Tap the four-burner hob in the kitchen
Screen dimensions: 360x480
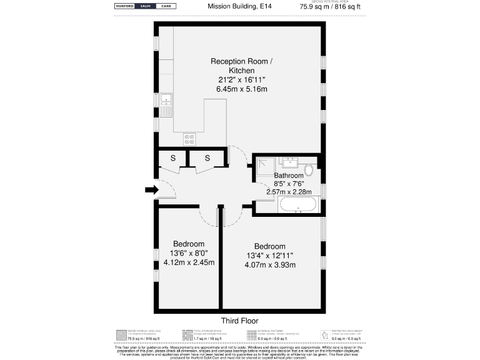point(189,139)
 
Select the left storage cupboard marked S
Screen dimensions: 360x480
point(172,159)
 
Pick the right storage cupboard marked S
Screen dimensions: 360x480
point(206,159)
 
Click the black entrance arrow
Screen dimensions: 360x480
point(151,190)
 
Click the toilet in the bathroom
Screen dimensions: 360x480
point(308,169)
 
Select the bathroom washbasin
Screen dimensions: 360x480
point(289,164)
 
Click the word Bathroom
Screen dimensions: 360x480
point(289,176)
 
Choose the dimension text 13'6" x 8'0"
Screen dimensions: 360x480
point(189,253)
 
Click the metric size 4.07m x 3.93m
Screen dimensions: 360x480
point(269,264)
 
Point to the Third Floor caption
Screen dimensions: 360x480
point(240,320)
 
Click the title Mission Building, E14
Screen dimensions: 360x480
point(240,7)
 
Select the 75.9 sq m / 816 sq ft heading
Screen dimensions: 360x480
point(330,7)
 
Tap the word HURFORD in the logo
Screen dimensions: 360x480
point(126,6)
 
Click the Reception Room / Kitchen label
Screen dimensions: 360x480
point(241,66)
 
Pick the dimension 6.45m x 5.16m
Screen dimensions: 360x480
point(241,89)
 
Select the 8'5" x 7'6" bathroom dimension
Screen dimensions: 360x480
point(289,183)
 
